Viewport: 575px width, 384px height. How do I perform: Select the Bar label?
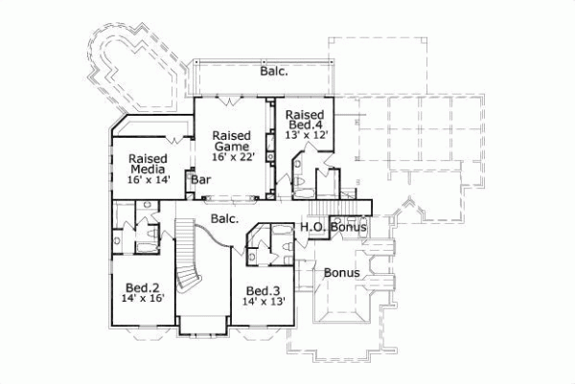(201, 179)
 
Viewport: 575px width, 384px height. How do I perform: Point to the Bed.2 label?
(142, 285)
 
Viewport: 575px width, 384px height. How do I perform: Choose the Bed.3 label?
(262, 291)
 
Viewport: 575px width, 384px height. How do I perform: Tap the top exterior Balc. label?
(274, 71)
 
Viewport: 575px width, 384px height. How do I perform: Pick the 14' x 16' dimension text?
(142, 299)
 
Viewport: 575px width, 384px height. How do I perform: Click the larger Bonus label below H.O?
(340, 273)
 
